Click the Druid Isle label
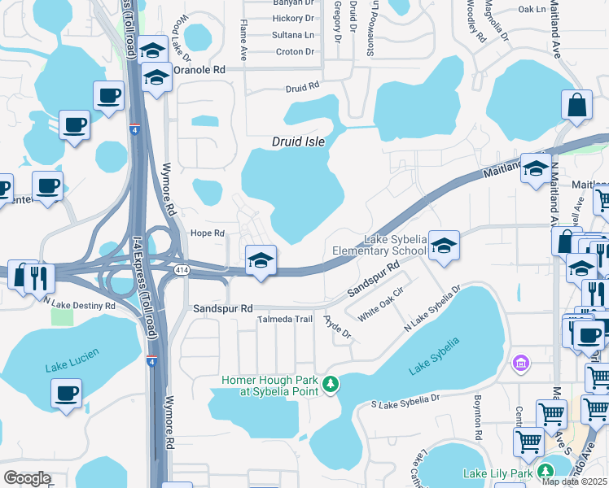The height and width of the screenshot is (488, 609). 298,142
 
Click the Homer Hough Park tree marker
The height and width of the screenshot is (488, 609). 331,383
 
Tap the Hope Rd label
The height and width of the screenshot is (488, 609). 207,233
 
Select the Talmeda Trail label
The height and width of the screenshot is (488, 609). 285,320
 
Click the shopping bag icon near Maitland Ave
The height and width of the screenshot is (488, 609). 576,105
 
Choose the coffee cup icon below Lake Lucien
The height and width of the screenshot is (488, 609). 66,394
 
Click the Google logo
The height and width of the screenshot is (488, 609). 27,478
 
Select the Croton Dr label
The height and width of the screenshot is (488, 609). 295,51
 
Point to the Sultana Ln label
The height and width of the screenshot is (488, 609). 293,35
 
